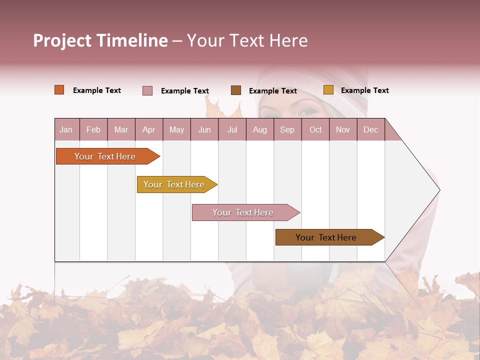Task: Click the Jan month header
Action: (66, 130)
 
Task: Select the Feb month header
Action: (93, 130)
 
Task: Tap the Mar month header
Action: (121, 130)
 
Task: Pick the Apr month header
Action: (149, 130)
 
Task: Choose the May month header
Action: (176, 130)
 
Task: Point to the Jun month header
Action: (204, 130)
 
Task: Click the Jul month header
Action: (232, 130)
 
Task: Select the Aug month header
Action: (260, 130)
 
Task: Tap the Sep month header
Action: (287, 130)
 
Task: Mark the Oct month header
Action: (315, 130)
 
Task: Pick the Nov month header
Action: (343, 130)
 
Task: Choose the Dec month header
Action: (371, 130)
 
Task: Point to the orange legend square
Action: (59, 90)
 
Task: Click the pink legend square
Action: (147, 90)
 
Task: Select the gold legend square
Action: (328, 90)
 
